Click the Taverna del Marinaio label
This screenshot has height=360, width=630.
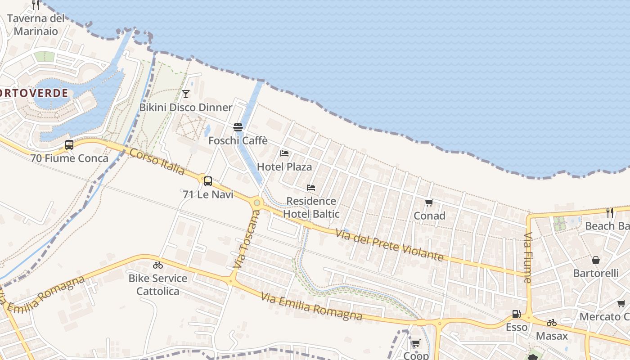tap(36, 25)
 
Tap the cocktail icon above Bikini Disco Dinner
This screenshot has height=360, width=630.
tap(185, 94)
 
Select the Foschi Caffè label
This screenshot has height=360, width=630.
tap(238, 141)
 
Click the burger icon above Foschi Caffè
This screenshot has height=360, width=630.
tap(238, 127)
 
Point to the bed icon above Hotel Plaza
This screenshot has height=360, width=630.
tap(284, 153)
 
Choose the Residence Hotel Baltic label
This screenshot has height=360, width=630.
tap(311, 207)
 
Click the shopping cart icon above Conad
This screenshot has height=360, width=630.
tap(429, 203)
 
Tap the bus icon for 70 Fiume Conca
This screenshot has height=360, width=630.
tap(69, 145)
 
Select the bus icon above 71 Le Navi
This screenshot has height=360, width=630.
tap(207, 181)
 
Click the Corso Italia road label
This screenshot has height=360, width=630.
tap(157, 161)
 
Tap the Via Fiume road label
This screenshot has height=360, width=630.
tap(528, 257)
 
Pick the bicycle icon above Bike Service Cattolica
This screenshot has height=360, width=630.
tap(157, 265)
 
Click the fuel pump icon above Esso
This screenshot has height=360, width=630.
tap(516, 314)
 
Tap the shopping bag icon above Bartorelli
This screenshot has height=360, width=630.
tap(596, 260)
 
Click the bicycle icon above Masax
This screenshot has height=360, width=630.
tap(552, 323)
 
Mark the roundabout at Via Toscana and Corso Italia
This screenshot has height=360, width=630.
tap(257, 203)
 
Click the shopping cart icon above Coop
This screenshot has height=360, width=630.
tap(416, 343)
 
